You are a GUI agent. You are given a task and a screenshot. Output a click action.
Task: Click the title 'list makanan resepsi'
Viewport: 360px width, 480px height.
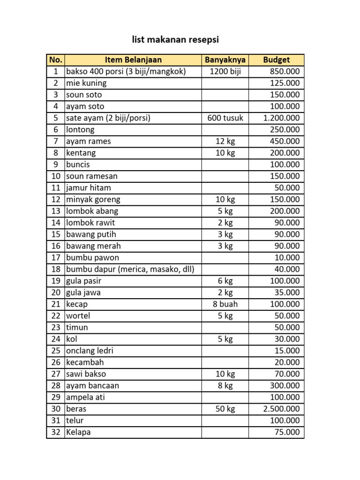pyautogui.click(x=175, y=40)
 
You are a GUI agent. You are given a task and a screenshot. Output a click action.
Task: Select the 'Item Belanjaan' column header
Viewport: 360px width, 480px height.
pyautogui.click(x=133, y=60)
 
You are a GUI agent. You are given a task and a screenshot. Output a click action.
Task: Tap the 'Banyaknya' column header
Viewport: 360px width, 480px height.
pyautogui.click(x=225, y=60)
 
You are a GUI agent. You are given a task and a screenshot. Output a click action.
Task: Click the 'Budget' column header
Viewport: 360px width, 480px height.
pyautogui.click(x=277, y=60)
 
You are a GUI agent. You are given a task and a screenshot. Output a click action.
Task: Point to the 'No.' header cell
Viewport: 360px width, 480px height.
pyautogui.click(x=55, y=60)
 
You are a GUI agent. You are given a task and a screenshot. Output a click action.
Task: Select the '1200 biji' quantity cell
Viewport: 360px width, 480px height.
pyautogui.click(x=225, y=71)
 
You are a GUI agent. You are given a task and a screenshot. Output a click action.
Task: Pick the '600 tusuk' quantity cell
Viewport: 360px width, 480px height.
pyautogui.click(x=225, y=118)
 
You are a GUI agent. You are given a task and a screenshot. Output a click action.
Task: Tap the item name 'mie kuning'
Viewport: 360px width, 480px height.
pyautogui.click(x=86, y=83)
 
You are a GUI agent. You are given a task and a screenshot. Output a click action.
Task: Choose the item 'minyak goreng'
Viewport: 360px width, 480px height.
pyautogui.click(x=93, y=199)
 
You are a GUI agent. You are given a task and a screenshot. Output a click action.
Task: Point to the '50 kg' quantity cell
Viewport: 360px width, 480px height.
pyautogui.click(x=225, y=409)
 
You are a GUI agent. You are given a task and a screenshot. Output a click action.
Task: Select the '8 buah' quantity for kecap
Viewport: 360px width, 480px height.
pyautogui.click(x=225, y=304)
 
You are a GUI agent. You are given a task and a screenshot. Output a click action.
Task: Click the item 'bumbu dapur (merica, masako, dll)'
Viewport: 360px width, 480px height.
pyautogui.click(x=130, y=269)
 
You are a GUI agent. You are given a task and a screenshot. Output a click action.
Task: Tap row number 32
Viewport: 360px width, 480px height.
pyautogui.click(x=56, y=432)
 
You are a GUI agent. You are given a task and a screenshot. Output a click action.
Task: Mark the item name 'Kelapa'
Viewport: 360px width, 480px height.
pyautogui.click(x=78, y=432)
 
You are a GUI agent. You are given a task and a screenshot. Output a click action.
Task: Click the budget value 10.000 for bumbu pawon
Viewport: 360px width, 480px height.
pyautogui.click(x=287, y=257)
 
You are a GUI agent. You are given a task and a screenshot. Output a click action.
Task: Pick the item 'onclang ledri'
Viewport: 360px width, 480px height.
pyautogui.click(x=90, y=351)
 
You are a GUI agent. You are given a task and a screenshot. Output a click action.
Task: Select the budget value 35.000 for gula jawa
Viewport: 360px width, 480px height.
pyautogui.click(x=287, y=292)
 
